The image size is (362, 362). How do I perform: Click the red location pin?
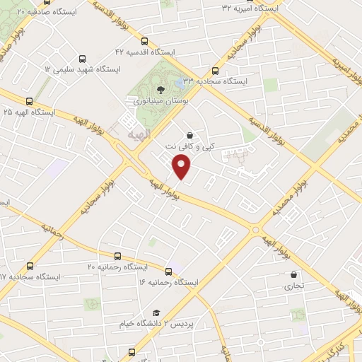click(182, 166)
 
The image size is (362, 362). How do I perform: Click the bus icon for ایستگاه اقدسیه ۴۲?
click(145, 41)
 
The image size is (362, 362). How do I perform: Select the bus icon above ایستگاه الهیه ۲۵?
click(29, 101)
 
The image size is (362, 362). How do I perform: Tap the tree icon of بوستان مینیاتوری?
click(161, 89)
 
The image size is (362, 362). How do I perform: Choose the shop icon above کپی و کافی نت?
click(189, 135)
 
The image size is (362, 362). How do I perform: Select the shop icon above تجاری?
click(293, 275)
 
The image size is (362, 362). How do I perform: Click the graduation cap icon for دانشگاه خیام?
click(156, 313)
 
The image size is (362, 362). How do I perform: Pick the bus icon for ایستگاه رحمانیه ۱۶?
click(168, 271)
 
